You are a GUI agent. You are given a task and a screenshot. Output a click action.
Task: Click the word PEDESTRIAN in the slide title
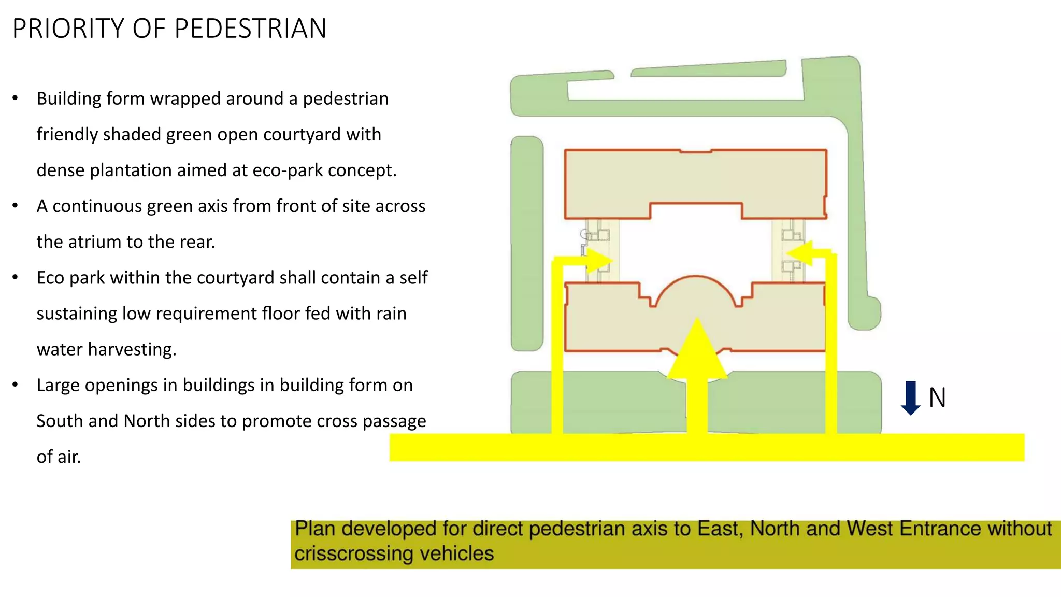(x=250, y=29)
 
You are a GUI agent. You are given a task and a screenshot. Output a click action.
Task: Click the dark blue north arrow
(x=910, y=398)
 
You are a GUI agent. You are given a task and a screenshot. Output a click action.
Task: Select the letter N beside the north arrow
(x=937, y=398)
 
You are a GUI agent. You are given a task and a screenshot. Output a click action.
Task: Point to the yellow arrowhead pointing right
(x=599, y=259)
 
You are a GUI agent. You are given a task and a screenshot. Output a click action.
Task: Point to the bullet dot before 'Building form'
(x=16, y=98)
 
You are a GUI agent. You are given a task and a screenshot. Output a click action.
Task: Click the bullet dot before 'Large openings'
(x=16, y=385)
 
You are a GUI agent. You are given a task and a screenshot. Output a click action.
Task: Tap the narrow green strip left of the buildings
(x=527, y=244)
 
